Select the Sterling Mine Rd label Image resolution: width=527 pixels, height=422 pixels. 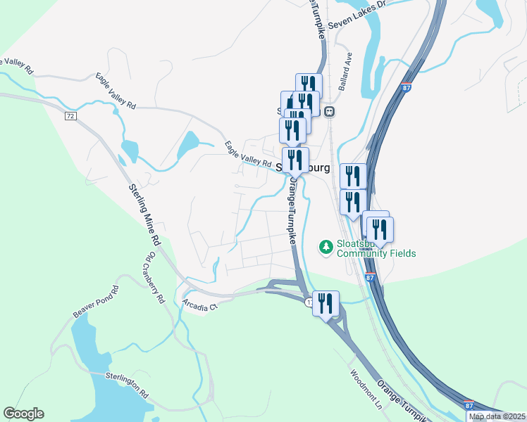pyautogui.click(x=144, y=215)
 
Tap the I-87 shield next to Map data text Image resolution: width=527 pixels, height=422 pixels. pyautogui.click(x=469, y=406)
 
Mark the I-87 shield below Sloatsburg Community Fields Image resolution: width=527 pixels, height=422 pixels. pyautogui.click(x=370, y=278)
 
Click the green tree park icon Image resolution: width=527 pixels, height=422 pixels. pyautogui.click(x=325, y=247)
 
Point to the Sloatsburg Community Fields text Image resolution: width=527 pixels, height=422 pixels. pyautogui.click(x=376, y=248)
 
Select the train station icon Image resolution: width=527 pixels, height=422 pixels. pyautogui.click(x=329, y=111)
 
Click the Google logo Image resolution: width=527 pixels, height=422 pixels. pyautogui.click(x=23, y=414)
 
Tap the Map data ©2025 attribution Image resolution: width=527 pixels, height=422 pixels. pyautogui.click(x=497, y=416)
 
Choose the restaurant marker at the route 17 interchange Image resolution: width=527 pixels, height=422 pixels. pyautogui.click(x=325, y=304)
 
